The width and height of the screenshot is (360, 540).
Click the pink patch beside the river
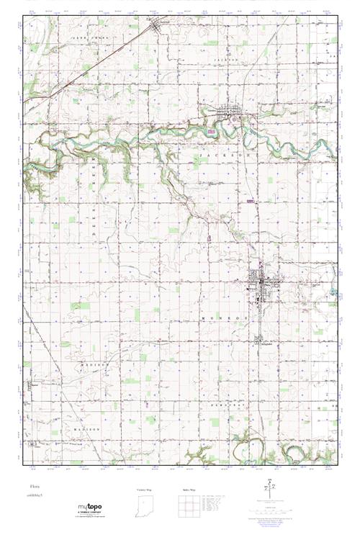click(x=210, y=132)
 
